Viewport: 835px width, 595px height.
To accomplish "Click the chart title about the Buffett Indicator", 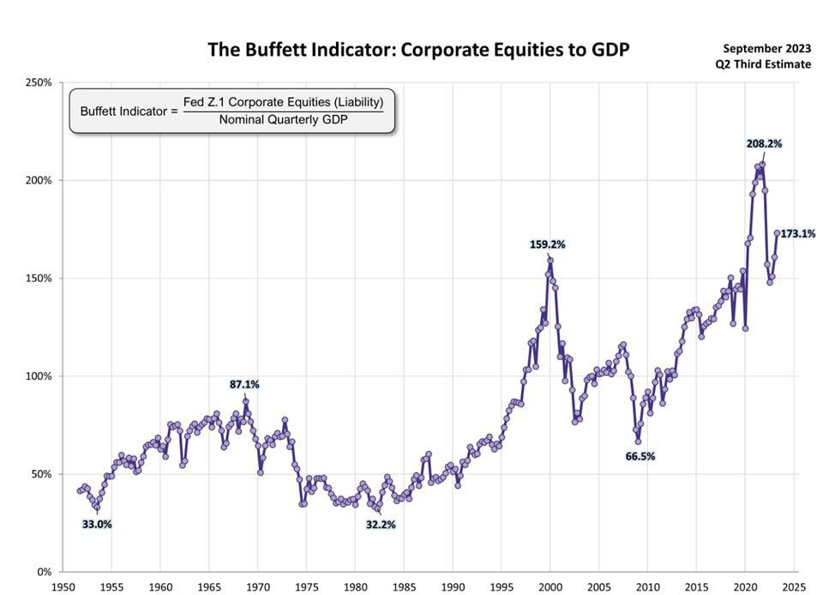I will (418, 50).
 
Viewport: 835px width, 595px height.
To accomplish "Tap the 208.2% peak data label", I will (764, 145).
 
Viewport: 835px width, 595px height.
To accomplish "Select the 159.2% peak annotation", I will (548, 244).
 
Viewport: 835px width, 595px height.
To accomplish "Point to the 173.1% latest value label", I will (797, 233).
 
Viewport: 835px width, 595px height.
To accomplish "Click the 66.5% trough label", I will (640, 456).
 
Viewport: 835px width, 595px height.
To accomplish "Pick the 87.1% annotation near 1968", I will (244, 385).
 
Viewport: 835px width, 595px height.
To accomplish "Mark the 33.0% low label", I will (97, 524).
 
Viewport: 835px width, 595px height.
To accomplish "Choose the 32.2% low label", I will (381, 524).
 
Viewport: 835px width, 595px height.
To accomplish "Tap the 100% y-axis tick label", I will (39, 376).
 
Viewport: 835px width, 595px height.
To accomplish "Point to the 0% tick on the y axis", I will (45, 572).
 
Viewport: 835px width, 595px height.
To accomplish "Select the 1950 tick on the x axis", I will (63, 587).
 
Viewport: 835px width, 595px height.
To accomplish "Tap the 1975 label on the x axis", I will (306, 587).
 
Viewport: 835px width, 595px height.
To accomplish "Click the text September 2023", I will (760, 48).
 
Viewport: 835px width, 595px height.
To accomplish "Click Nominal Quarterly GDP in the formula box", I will (283, 119).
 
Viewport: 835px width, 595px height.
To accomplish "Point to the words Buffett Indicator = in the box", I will (129, 111).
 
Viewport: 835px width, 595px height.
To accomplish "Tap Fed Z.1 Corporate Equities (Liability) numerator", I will (283, 101).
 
